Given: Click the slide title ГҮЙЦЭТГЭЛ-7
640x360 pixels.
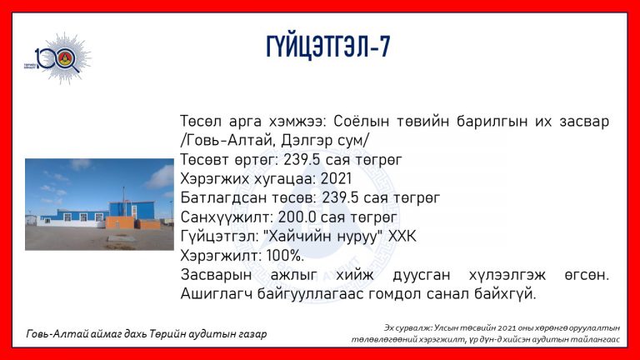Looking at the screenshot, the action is click(x=328, y=47).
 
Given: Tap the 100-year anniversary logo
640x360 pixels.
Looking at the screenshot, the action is click(x=58, y=58).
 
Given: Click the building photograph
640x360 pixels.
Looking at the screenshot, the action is click(x=99, y=204).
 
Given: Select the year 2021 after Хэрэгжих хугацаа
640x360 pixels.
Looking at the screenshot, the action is click(x=336, y=179).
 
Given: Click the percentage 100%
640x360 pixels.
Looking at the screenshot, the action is click(x=285, y=256).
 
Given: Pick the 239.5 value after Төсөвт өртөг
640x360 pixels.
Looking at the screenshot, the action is click(x=302, y=160).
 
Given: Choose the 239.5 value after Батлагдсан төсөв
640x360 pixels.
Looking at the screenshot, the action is click(x=340, y=198).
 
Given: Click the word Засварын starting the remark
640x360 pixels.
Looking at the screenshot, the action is click(x=216, y=275).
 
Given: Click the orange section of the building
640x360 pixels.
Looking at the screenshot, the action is click(x=121, y=222).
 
